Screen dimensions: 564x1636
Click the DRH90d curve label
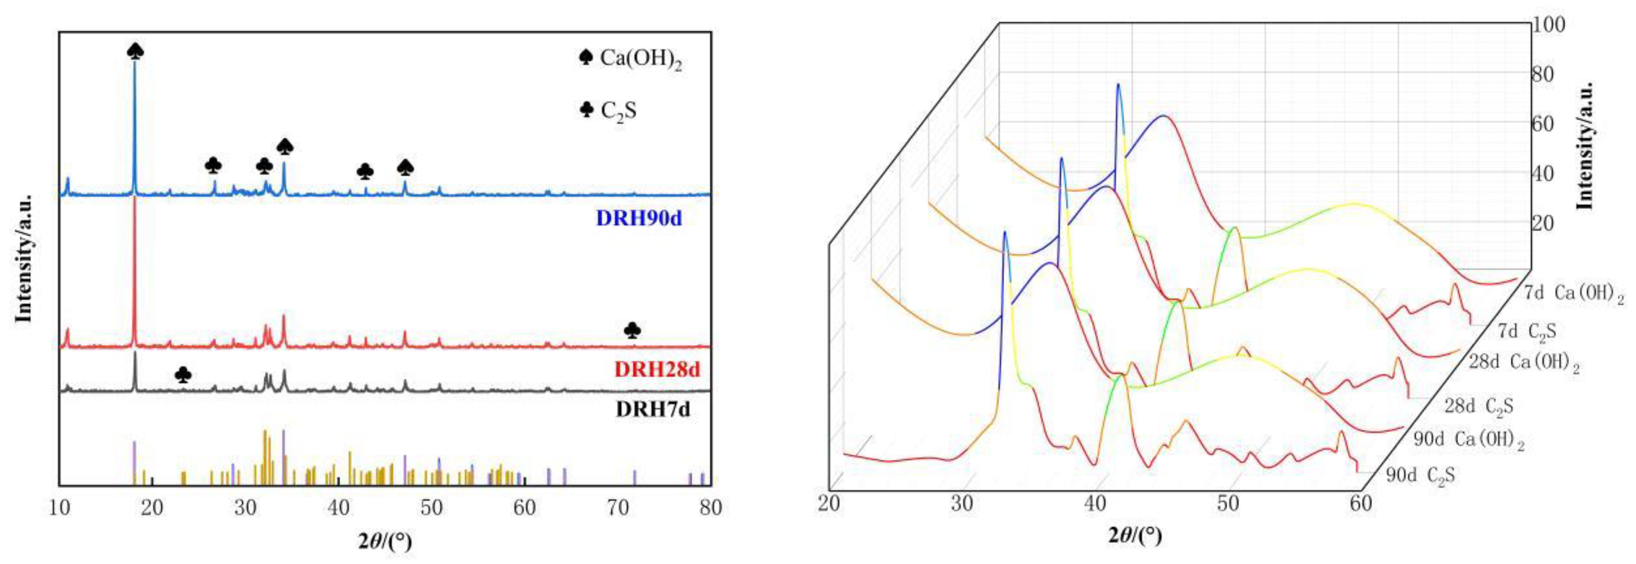(638, 218)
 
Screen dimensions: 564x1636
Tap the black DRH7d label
(652, 409)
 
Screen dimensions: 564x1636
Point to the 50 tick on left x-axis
(432, 508)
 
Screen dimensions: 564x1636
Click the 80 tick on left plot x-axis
(710, 508)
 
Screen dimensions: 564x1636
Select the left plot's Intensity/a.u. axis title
(23, 257)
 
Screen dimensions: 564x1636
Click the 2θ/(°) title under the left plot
(385, 541)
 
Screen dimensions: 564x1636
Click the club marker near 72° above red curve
(632, 330)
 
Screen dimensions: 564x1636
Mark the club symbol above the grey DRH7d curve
(183, 375)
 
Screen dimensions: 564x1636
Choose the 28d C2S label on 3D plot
(1478, 406)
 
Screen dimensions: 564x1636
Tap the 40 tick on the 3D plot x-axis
(1096, 504)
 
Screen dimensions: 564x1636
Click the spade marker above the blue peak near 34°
(285, 147)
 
